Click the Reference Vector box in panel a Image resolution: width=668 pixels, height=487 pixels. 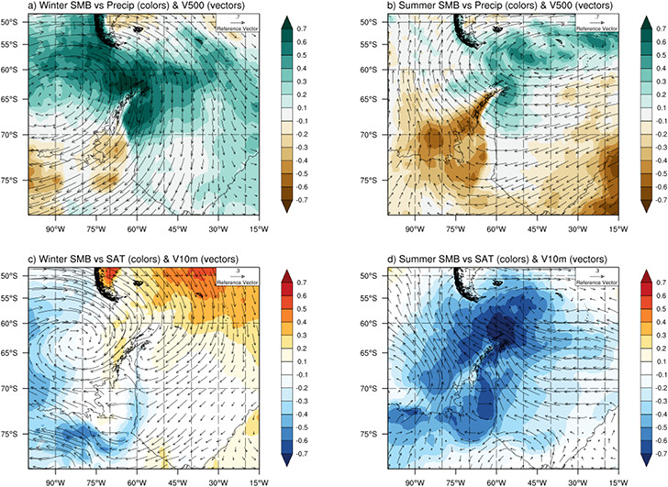[x=236, y=28]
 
